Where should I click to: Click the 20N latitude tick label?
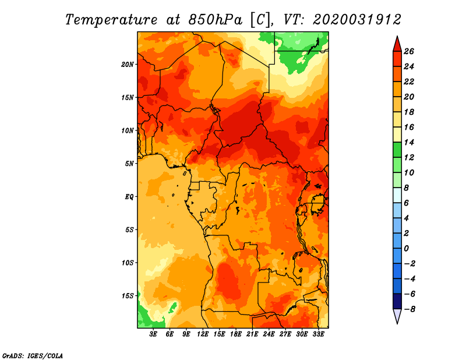click(128, 64)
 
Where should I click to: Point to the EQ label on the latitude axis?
click(129, 196)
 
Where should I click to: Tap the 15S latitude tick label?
click(128, 296)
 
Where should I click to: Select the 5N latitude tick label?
click(129, 164)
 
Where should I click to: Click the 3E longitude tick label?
click(153, 334)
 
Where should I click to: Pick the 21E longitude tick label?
click(252, 334)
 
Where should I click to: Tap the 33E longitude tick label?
click(318, 334)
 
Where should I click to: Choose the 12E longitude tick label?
click(202, 334)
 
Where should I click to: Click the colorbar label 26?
click(409, 51)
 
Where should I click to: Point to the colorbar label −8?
click(409, 309)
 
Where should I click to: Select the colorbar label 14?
click(409, 142)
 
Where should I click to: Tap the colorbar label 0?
click(406, 249)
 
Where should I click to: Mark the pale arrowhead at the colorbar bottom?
click(397, 316)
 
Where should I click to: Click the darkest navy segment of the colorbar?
click(397, 301)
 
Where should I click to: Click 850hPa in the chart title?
click(215, 20)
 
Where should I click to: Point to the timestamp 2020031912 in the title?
click(357, 20)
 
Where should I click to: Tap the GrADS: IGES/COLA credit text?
click(33, 355)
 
